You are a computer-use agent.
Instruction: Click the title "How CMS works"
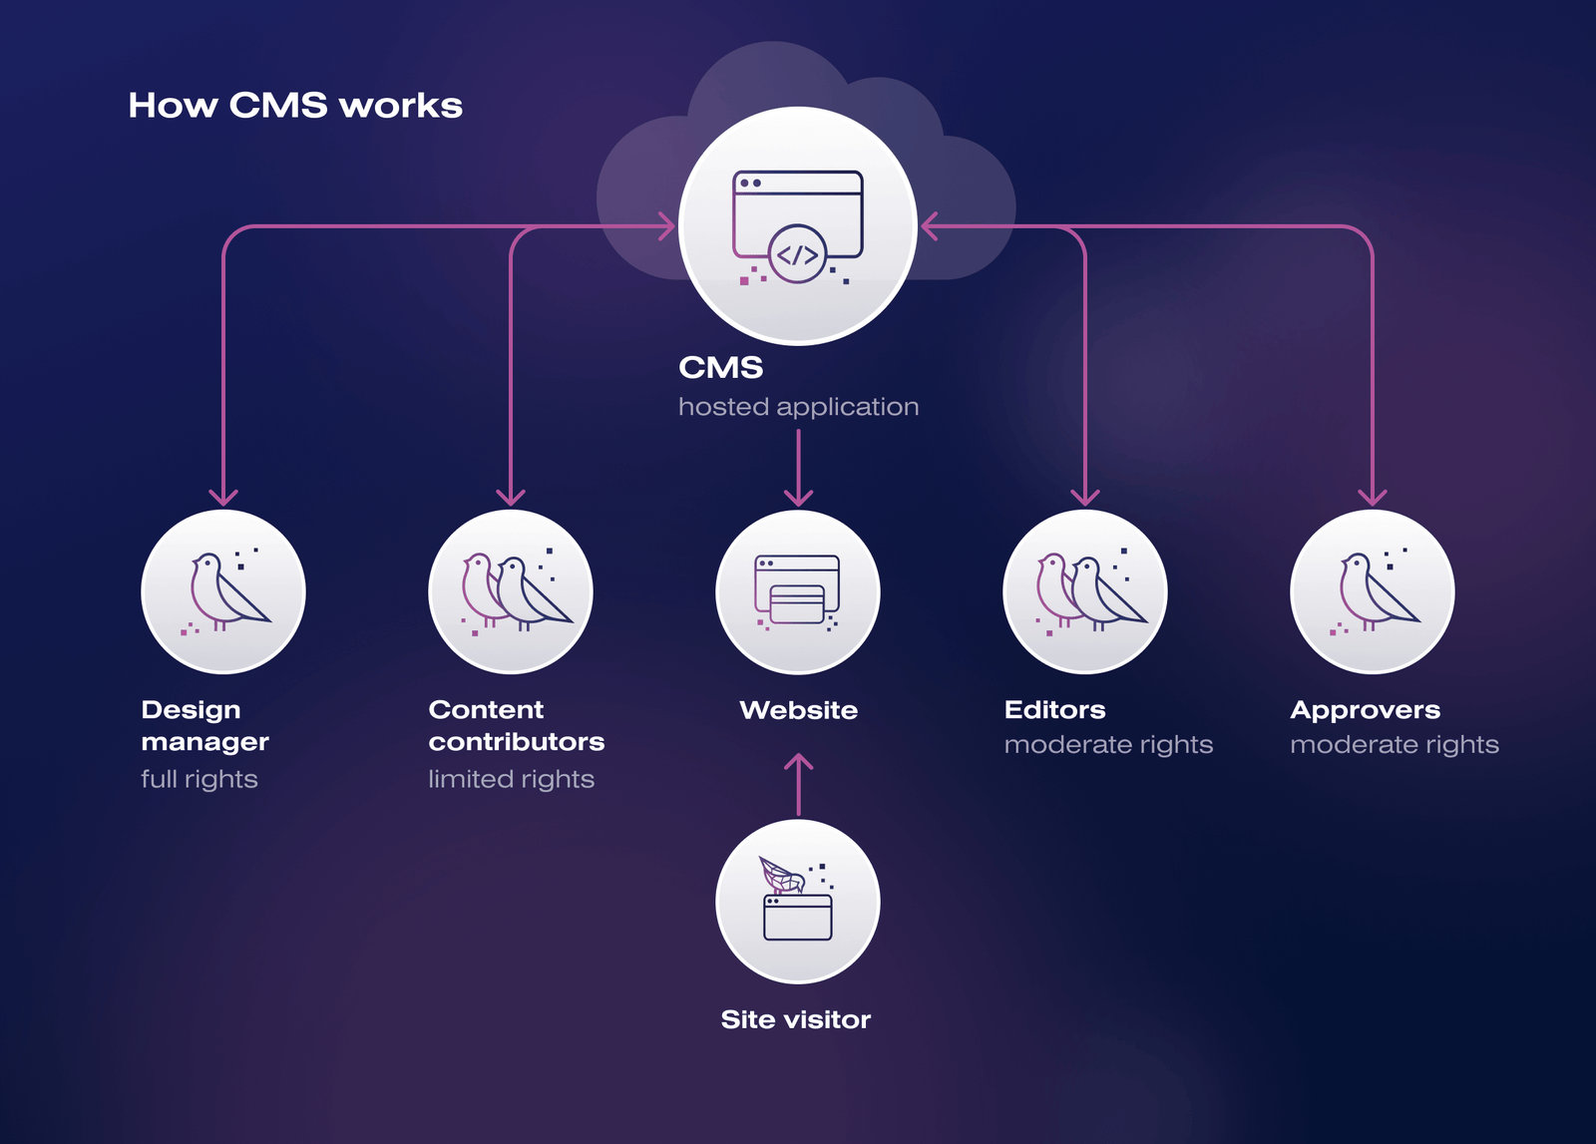pos(295,106)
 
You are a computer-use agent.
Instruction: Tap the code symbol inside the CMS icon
pos(798,254)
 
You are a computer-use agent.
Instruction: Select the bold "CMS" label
pos(720,368)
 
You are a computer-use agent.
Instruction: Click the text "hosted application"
pos(798,407)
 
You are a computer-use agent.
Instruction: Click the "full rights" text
pos(199,779)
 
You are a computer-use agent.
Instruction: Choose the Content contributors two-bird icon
pos(511,592)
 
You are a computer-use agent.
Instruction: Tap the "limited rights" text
pos(511,779)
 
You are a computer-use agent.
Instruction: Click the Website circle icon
pos(798,592)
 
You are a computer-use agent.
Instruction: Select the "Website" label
pos(798,710)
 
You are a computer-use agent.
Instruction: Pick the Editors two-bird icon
pos(1085,592)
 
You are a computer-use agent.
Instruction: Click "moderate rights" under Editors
pos(1108,745)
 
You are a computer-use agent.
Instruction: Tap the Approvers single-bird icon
pos(1373,592)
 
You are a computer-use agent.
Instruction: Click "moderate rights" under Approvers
pos(1395,745)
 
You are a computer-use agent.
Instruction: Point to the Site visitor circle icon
pos(798,902)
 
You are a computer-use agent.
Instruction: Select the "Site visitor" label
pos(796,1019)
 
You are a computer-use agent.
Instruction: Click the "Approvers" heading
pos(1365,710)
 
